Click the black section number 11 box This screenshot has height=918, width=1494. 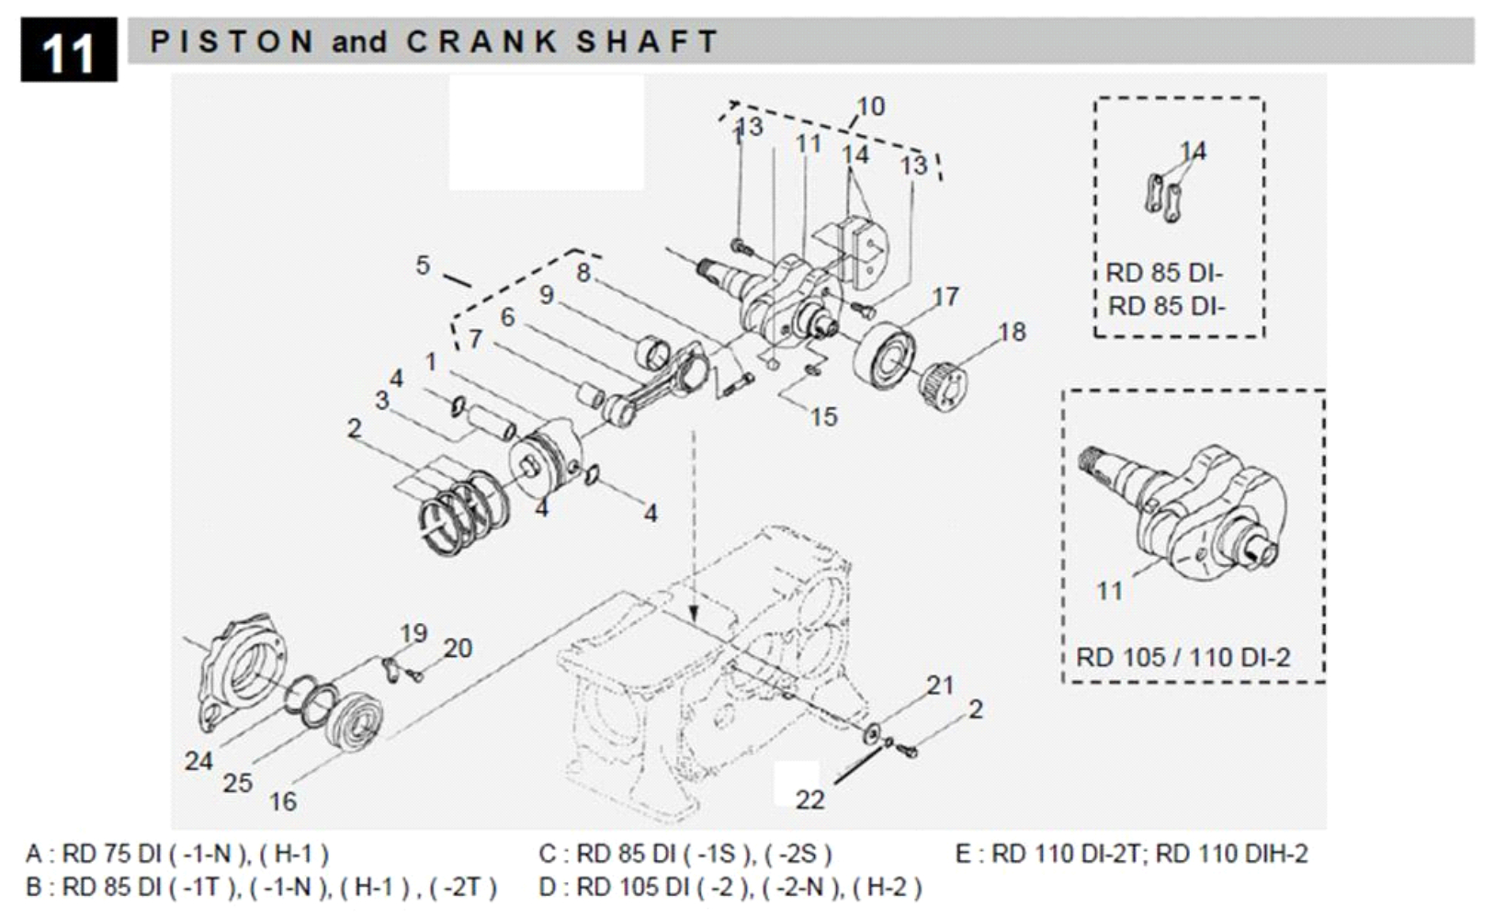click(x=68, y=51)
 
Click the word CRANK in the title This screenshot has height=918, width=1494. click(x=481, y=41)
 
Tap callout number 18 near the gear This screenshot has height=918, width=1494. click(x=1012, y=332)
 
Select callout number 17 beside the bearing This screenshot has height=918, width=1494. click(x=945, y=297)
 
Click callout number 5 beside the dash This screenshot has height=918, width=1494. click(x=422, y=266)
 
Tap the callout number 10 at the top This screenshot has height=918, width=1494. click(x=870, y=107)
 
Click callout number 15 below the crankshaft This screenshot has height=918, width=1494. click(x=823, y=417)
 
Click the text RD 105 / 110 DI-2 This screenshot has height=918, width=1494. click(x=1183, y=658)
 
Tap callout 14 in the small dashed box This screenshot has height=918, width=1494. click(x=1193, y=151)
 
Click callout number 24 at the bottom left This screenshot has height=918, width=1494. click(x=198, y=761)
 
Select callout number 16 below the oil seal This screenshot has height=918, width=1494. click(x=282, y=802)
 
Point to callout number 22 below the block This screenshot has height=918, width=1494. click(x=809, y=799)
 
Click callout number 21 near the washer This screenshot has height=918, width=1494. click(x=940, y=686)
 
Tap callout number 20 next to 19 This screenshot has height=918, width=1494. click(x=458, y=649)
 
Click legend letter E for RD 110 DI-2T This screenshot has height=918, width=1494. click(x=962, y=855)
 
